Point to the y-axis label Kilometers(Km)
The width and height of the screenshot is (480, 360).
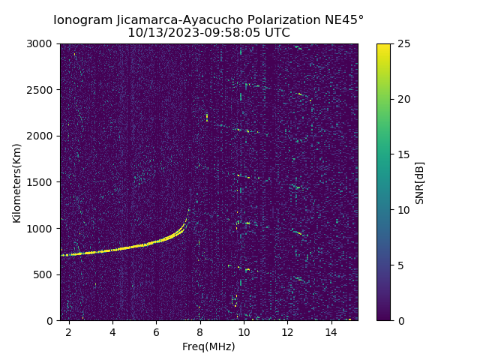pyautogui.click(x=17, y=182)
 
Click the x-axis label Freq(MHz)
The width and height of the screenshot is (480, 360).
pyautogui.click(x=208, y=346)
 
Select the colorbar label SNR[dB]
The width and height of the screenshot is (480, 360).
pyautogui.click(x=420, y=182)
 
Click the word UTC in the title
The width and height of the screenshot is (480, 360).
pyautogui.click(x=277, y=33)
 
